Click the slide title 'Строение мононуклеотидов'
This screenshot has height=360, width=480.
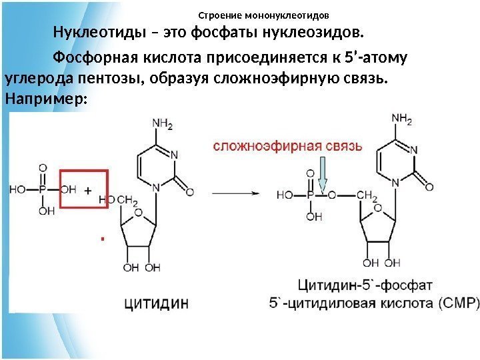[x=264, y=15]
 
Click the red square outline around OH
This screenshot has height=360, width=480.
[x=84, y=189]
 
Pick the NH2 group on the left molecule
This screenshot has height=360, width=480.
[x=163, y=124]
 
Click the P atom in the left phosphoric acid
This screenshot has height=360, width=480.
[x=43, y=189]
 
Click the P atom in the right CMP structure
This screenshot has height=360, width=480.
[x=310, y=195]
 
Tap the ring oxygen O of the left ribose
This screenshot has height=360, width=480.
[x=138, y=213]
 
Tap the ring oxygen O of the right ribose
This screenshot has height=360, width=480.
[x=377, y=208]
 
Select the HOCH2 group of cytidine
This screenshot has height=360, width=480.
[x=121, y=199]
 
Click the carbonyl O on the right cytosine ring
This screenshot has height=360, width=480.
[x=431, y=186]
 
